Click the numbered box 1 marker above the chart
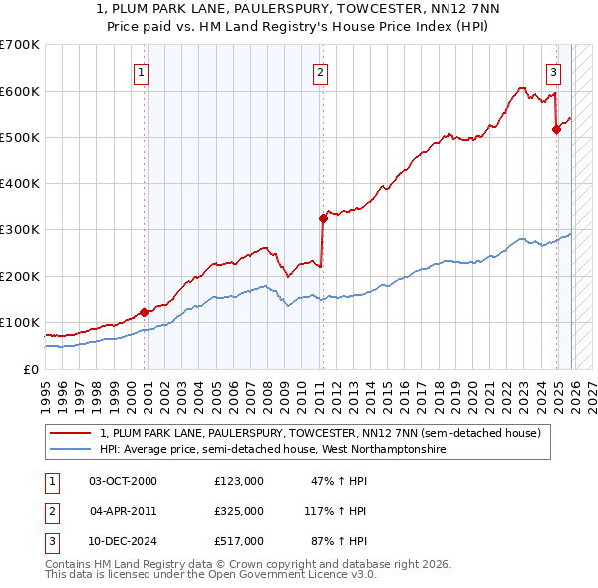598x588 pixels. click(142, 72)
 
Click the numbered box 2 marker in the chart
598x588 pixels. click(320, 72)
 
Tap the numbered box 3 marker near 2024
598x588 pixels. click(553, 72)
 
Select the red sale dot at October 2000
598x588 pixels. click(144, 312)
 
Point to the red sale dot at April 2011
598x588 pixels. click(322, 218)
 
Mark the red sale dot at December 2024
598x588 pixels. click(556, 129)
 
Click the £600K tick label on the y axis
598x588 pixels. click(19, 91)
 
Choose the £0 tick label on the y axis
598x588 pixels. click(30, 369)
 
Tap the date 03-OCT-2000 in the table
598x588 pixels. click(124, 481)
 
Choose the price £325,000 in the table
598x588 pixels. click(239, 511)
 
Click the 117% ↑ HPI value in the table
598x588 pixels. click(337, 511)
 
